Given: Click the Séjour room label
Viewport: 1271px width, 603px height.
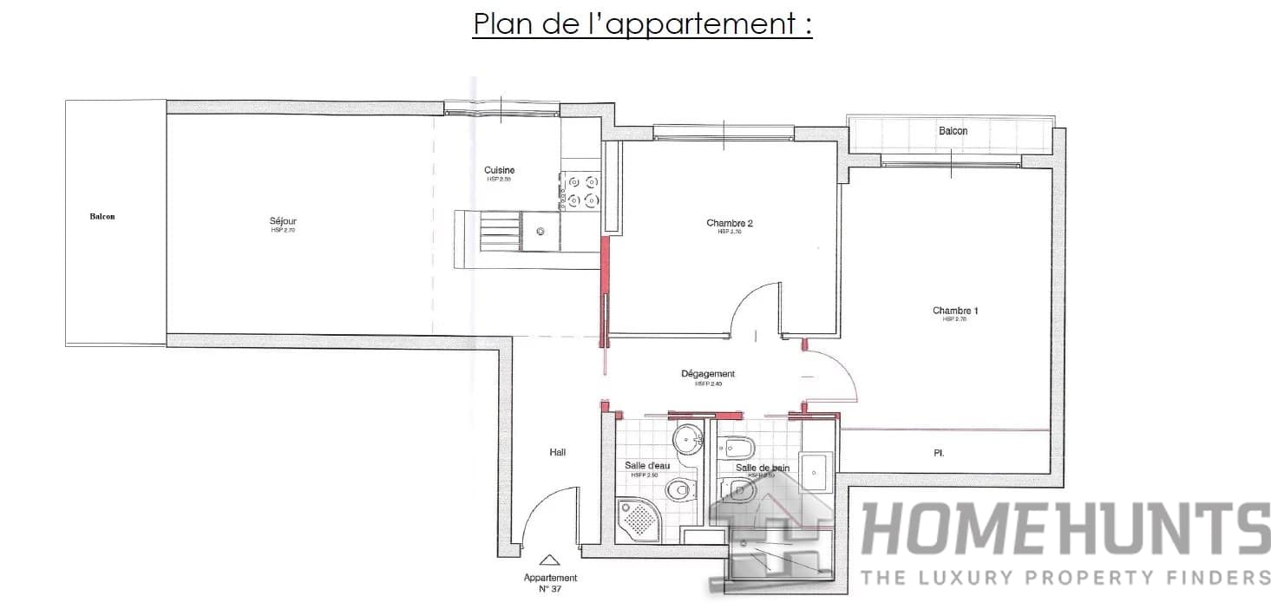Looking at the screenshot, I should (x=284, y=222).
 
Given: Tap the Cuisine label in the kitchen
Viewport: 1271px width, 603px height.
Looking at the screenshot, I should (x=499, y=171).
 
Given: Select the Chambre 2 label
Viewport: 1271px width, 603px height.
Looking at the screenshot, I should (x=729, y=224).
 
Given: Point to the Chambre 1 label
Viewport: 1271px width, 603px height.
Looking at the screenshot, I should (x=955, y=311).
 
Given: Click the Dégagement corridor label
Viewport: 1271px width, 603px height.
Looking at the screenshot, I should (x=708, y=375).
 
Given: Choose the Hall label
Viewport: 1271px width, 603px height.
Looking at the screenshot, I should (x=557, y=453).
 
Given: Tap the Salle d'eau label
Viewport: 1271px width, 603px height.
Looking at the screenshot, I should (x=647, y=466).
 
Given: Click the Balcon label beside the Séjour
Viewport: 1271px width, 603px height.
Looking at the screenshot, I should (x=102, y=217).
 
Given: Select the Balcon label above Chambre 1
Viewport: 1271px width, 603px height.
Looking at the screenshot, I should (x=953, y=131).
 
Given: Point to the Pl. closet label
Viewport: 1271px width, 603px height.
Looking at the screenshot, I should (x=939, y=453).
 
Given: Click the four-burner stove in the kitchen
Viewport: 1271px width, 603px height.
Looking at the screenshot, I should (x=581, y=191).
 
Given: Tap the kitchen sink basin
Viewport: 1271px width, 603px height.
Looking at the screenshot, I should (x=540, y=232).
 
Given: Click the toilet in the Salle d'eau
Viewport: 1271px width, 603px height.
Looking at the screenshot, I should (x=679, y=490).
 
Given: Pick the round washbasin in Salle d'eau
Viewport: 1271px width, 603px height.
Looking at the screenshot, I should (x=689, y=436).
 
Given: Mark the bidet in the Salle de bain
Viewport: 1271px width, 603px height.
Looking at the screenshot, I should (x=741, y=448).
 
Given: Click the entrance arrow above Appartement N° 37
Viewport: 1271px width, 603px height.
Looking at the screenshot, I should (x=549, y=561).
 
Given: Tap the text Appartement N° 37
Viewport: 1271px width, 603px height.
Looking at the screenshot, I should (x=550, y=583).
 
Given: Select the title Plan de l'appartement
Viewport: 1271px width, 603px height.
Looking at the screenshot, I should (x=642, y=24).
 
